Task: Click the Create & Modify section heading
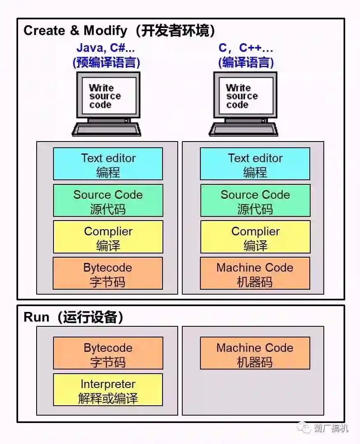pyautogui.click(x=119, y=30)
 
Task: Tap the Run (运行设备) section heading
pyautogui.click(x=74, y=317)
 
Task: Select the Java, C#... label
pyautogui.click(x=106, y=48)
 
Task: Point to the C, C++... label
pyautogui.click(x=246, y=48)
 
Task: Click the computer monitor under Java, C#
pyautogui.click(x=108, y=95)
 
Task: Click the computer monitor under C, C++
pyautogui.click(x=245, y=95)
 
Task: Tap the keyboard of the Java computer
pyautogui.click(x=107, y=129)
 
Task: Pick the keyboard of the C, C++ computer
pyautogui.click(x=244, y=129)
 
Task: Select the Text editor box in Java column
pyautogui.click(x=108, y=164)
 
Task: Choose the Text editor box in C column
pyautogui.click(x=255, y=164)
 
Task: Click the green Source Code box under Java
pyautogui.click(x=108, y=201)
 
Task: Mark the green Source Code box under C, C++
pyautogui.click(x=255, y=201)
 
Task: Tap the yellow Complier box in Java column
pyautogui.click(x=108, y=237)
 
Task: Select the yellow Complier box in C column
pyautogui.click(x=255, y=237)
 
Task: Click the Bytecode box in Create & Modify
pyautogui.click(x=108, y=274)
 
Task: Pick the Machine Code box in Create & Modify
pyautogui.click(x=255, y=274)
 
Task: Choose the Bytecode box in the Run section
pyautogui.click(x=108, y=353)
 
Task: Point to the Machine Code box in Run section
pyautogui.click(x=255, y=353)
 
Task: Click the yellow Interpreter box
pyautogui.click(x=108, y=390)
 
